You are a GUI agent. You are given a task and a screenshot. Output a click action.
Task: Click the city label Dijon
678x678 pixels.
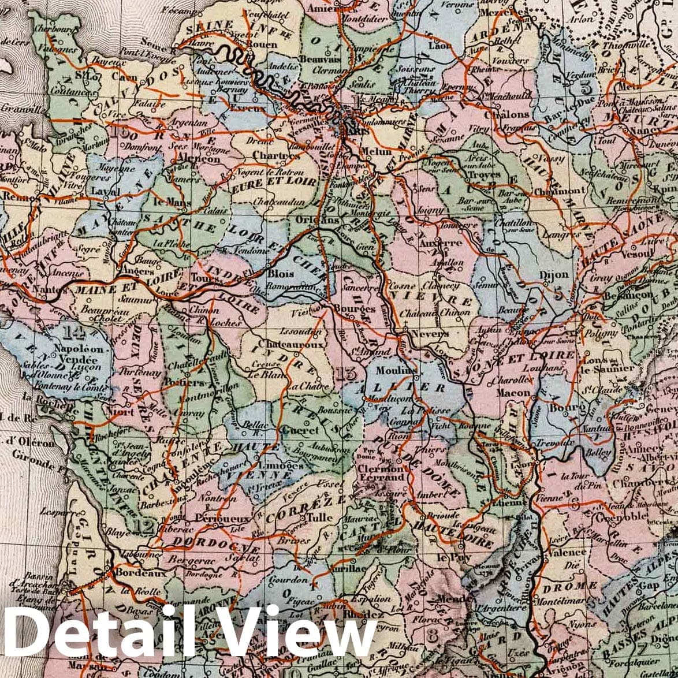click(553, 275)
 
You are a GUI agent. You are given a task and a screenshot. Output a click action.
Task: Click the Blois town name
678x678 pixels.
click(281, 274)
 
